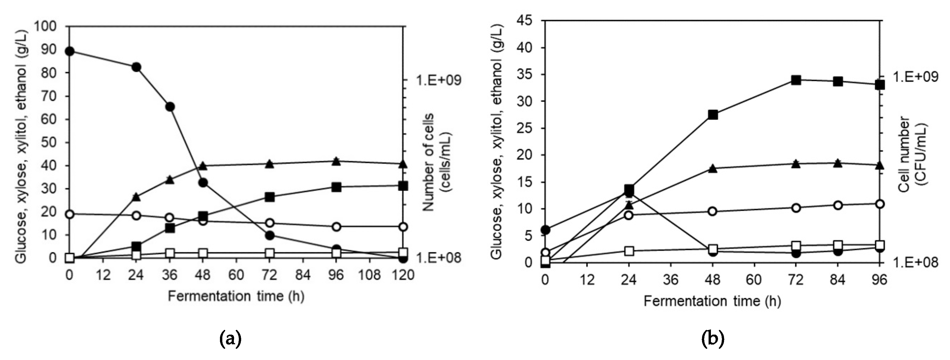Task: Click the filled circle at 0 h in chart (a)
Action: click(69, 51)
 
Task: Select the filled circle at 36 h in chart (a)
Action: click(170, 107)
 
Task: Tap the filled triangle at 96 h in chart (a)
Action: click(336, 161)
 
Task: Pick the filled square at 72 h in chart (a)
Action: click(270, 197)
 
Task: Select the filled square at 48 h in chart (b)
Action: click(713, 115)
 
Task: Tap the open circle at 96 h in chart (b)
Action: click(880, 204)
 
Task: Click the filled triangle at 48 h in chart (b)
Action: click(713, 169)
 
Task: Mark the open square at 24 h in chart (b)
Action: click(629, 251)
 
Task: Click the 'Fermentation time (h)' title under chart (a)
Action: click(236, 296)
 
